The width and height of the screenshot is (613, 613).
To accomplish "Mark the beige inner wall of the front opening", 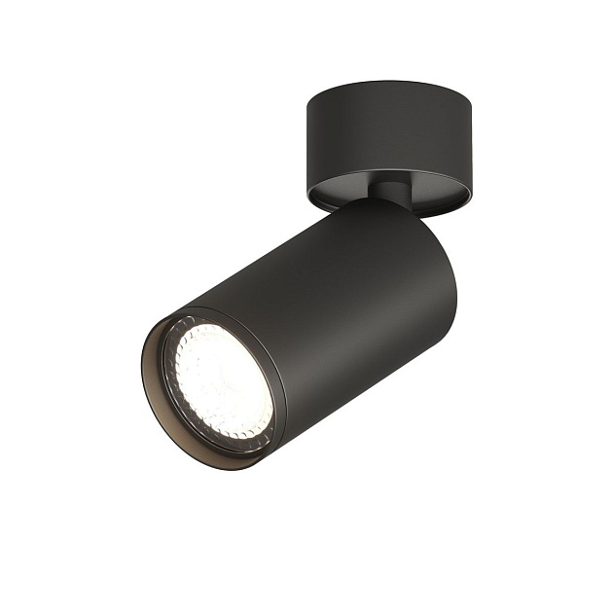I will pyautogui.click(x=155, y=389).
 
